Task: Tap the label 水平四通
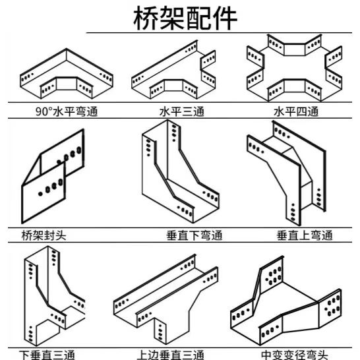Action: (x=295, y=112)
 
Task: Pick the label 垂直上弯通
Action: (x=305, y=235)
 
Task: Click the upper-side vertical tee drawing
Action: (x=165, y=300)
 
